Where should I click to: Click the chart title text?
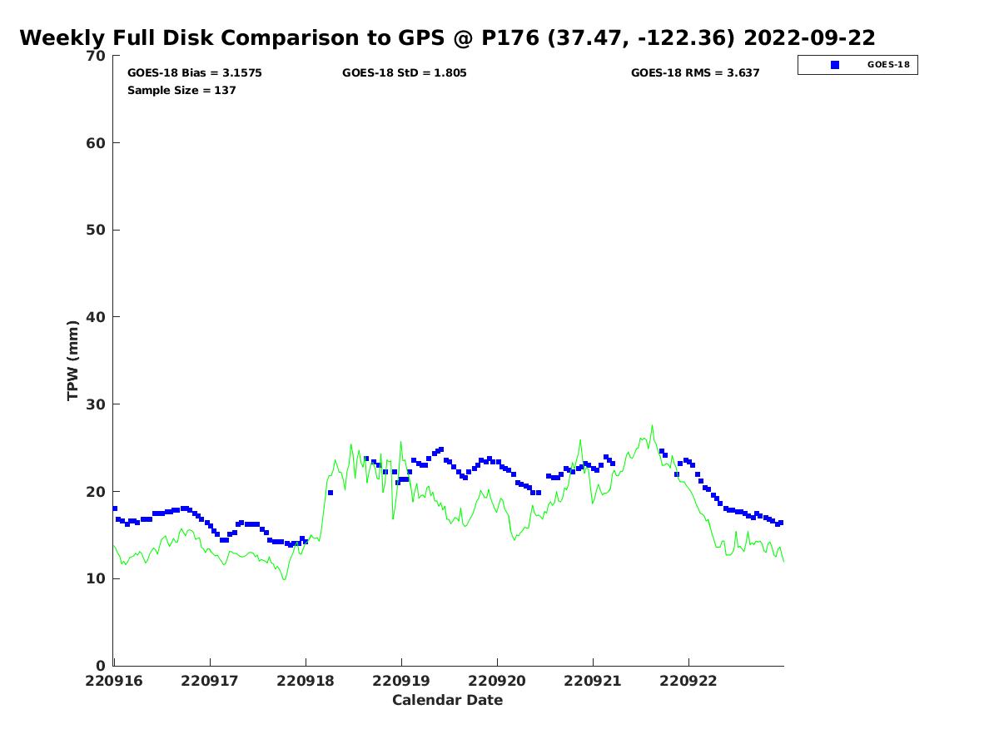pos(447,37)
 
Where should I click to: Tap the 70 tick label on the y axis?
pos(96,56)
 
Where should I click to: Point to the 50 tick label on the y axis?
pos(96,231)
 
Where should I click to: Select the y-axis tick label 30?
pos(96,404)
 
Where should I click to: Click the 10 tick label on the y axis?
pos(96,578)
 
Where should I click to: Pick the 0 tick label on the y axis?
pos(101,666)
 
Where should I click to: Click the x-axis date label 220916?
pos(114,682)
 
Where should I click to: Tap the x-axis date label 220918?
pos(306,682)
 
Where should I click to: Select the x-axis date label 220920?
pos(497,682)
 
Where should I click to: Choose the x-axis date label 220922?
pos(688,682)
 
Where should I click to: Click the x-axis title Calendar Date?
pos(447,701)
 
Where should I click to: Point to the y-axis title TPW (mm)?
pos(72,360)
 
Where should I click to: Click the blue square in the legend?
pos(835,65)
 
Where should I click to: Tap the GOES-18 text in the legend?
pos(888,65)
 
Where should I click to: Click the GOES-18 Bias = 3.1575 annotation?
pos(194,72)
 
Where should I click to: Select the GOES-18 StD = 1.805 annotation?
pos(404,72)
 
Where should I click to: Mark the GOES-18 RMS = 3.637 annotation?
pos(695,72)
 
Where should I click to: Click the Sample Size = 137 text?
pos(181,90)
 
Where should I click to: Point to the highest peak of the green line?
pos(652,425)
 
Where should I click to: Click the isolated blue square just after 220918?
pos(331,493)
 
